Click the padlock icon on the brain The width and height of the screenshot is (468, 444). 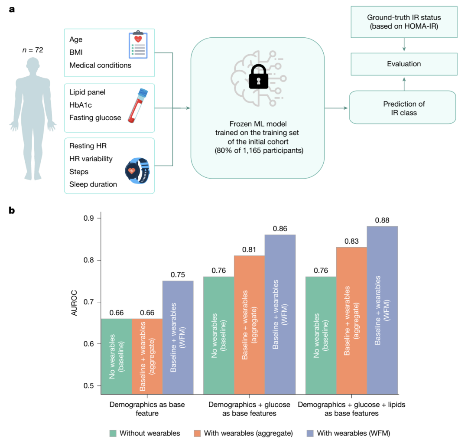(x=258, y=77)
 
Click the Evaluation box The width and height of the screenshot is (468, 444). (x=404, y=64)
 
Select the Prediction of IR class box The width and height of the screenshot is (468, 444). (x=404, y=108)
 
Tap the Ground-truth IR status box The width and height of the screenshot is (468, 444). (x=404, y=21)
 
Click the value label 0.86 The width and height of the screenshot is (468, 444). (x=280, y=228)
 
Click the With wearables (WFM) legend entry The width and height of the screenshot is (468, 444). (x=351, y=433)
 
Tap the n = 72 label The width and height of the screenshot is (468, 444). (x=33, y=50)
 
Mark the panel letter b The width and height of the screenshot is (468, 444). (x=12, y=210)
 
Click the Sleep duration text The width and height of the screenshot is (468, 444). (x=93, y=184)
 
